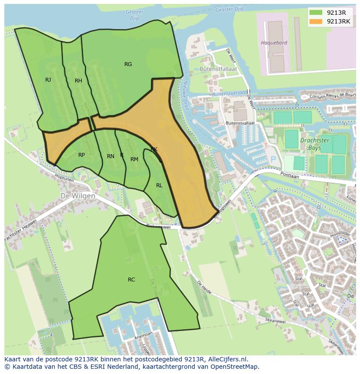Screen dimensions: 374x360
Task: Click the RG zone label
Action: click(128, 64)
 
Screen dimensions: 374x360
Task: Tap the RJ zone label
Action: click(48, 79)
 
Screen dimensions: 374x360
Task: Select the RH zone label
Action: click(78, 81)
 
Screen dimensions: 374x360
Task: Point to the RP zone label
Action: click(81, 155)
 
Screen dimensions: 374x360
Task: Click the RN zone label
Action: click(110, 156)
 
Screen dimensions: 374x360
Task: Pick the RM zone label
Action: click(134, 159)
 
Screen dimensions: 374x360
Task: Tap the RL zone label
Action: click(159, 185)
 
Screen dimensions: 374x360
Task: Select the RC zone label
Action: click(131, 280)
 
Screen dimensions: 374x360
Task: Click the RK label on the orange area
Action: click(154, 149)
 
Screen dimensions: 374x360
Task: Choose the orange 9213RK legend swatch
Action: click(316, 21)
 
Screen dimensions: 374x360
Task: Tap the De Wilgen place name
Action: click(78, 196)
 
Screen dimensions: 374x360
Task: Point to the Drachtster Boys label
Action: click(314, 144)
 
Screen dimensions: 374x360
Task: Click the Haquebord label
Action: click(274, 43)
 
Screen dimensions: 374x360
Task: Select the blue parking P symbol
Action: click(273, 160)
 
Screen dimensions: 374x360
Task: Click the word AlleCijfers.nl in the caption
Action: click(226, 359)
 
